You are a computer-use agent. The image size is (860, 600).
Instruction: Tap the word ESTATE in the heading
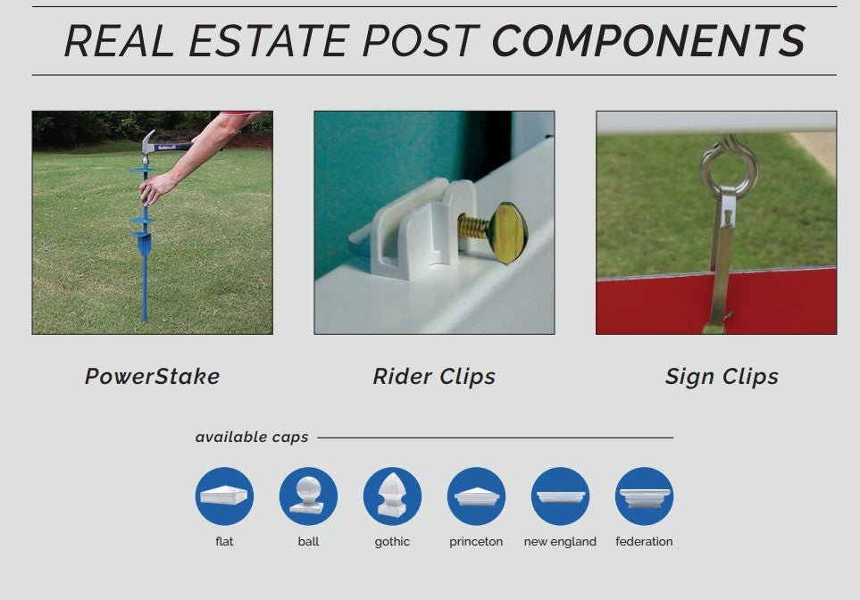[268, 40]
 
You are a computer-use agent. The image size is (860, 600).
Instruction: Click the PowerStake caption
[152, 376]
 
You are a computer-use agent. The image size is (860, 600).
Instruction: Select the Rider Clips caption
[434, 377]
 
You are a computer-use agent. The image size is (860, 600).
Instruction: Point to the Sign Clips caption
[722, 377]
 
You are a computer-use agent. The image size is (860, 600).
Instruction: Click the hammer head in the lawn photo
[147, 145]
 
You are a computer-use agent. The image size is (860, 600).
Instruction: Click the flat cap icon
[224, 496]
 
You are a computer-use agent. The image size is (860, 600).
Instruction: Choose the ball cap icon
[308, 496]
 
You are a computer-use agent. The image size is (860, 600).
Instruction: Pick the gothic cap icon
[392, 496]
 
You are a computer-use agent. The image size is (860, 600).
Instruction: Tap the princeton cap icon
[476, 496]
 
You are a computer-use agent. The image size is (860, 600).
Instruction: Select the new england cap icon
[560, 496]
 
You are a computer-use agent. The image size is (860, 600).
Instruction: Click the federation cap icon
[644, 496]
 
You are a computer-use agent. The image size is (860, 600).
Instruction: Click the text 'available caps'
[252, 437]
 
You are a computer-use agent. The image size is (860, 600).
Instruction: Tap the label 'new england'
[560, 541]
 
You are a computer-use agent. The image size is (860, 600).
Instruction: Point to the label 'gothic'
[392, 542]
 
